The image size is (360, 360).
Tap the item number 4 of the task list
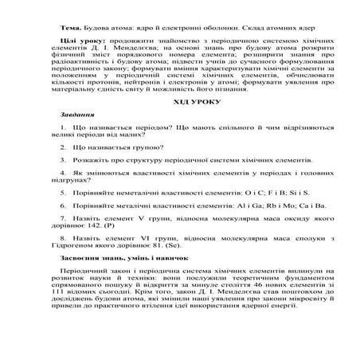[63, 171]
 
